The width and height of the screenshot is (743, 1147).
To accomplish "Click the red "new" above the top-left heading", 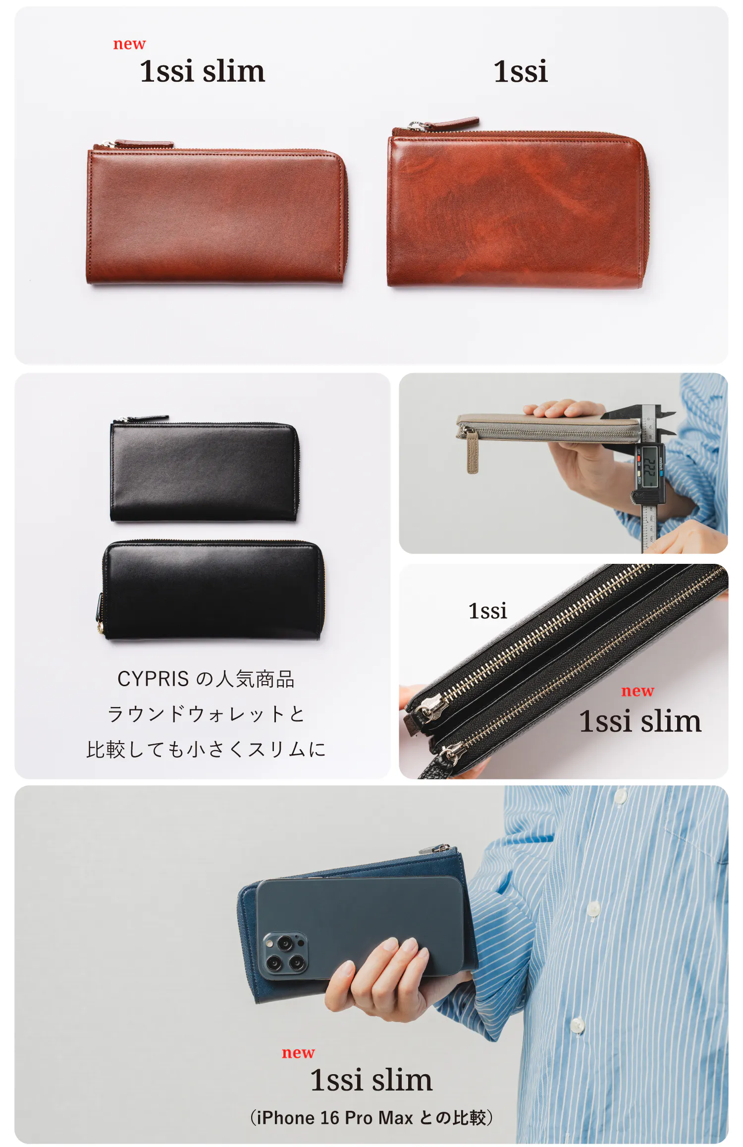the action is pos(129,44).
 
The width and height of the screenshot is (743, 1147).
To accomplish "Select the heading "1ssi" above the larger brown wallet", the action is pos(521,71).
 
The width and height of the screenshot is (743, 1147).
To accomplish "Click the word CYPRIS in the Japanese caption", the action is pos(153,679).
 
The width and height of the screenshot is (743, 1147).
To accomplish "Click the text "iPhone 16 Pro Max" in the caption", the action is pos(335,1118).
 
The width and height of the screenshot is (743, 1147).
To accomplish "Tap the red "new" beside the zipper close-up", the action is pos(637,691).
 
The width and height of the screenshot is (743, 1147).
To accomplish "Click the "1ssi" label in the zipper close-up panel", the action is pos(487,611).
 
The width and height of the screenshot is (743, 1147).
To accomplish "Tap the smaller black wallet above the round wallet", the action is pos(205,471).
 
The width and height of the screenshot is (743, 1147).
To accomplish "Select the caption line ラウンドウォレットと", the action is pos(206,714).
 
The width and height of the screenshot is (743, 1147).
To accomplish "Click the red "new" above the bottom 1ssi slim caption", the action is pos(298,1053).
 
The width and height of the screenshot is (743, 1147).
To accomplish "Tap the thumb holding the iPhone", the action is pos(341,986).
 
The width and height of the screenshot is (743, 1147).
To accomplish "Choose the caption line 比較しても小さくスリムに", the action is pos(206,749).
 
